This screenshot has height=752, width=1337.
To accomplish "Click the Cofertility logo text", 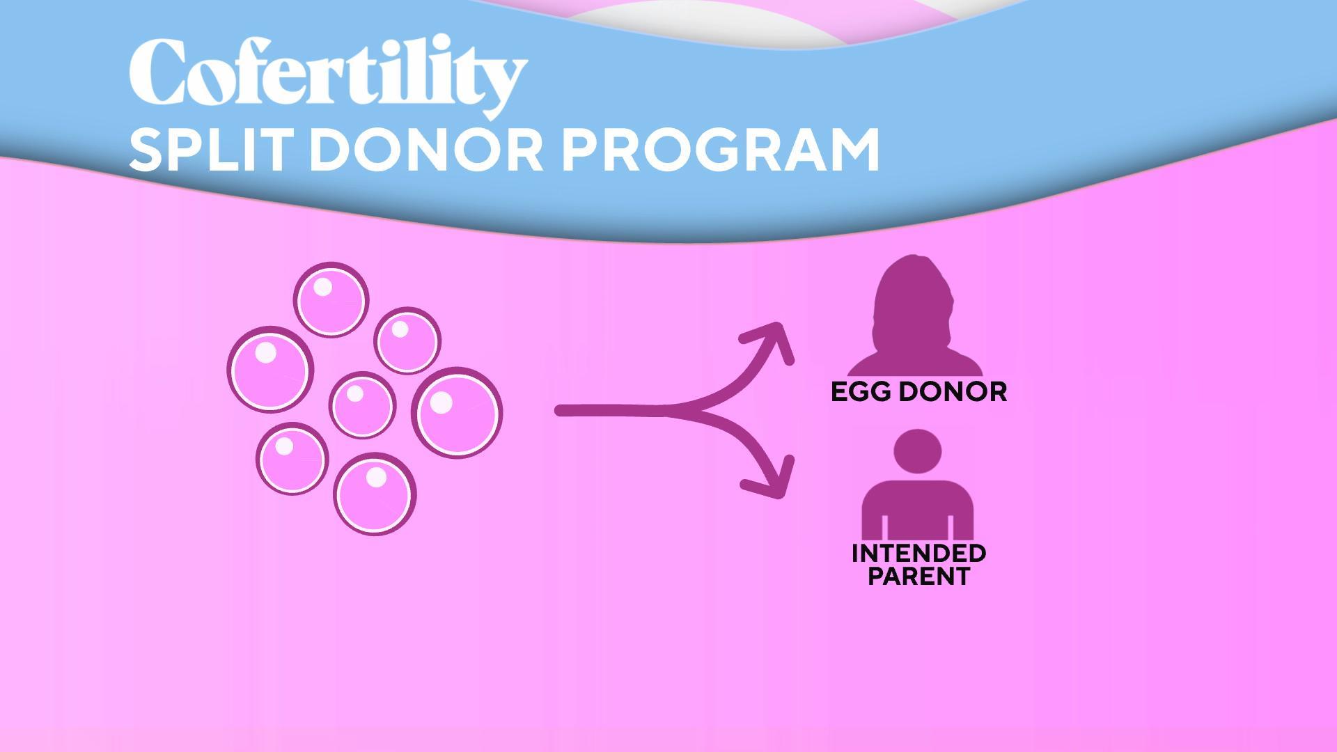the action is point(328,79).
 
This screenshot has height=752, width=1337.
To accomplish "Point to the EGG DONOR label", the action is point(919,391).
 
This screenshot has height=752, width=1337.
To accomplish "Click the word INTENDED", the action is point(919,554).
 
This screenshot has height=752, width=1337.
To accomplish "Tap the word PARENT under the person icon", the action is point(919,576).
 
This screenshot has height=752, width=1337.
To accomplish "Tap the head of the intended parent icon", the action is point(918,450).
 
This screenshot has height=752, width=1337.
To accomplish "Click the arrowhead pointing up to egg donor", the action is point(774,340).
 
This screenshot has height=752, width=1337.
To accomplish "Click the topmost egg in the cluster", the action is point(331,300).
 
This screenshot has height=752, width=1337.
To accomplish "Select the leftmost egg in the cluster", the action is point(270,369).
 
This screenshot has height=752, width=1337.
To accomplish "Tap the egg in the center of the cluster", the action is point(362,405).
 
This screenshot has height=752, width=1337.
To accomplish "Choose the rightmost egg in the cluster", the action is point(457,413).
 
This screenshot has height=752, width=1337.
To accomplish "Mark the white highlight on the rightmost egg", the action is point(441,402).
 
